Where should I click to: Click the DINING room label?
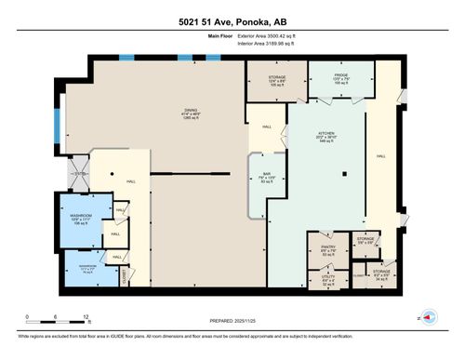coord(190,113)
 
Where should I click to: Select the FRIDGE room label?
coord(340,75)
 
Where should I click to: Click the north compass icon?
coord(429,317)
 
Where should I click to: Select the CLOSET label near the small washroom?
coord(126,276)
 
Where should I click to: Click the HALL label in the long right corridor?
coord(380,157)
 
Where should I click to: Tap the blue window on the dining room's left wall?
coord(62,121)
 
